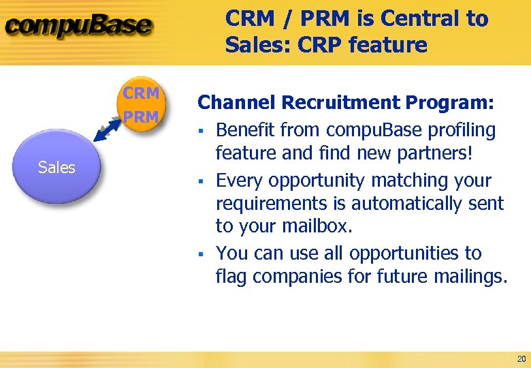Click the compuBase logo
coord(79,27)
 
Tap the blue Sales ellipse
coord(57,167)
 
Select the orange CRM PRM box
coord(141,105)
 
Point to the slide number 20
coord(521,359)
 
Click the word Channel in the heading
coord(236,103)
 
